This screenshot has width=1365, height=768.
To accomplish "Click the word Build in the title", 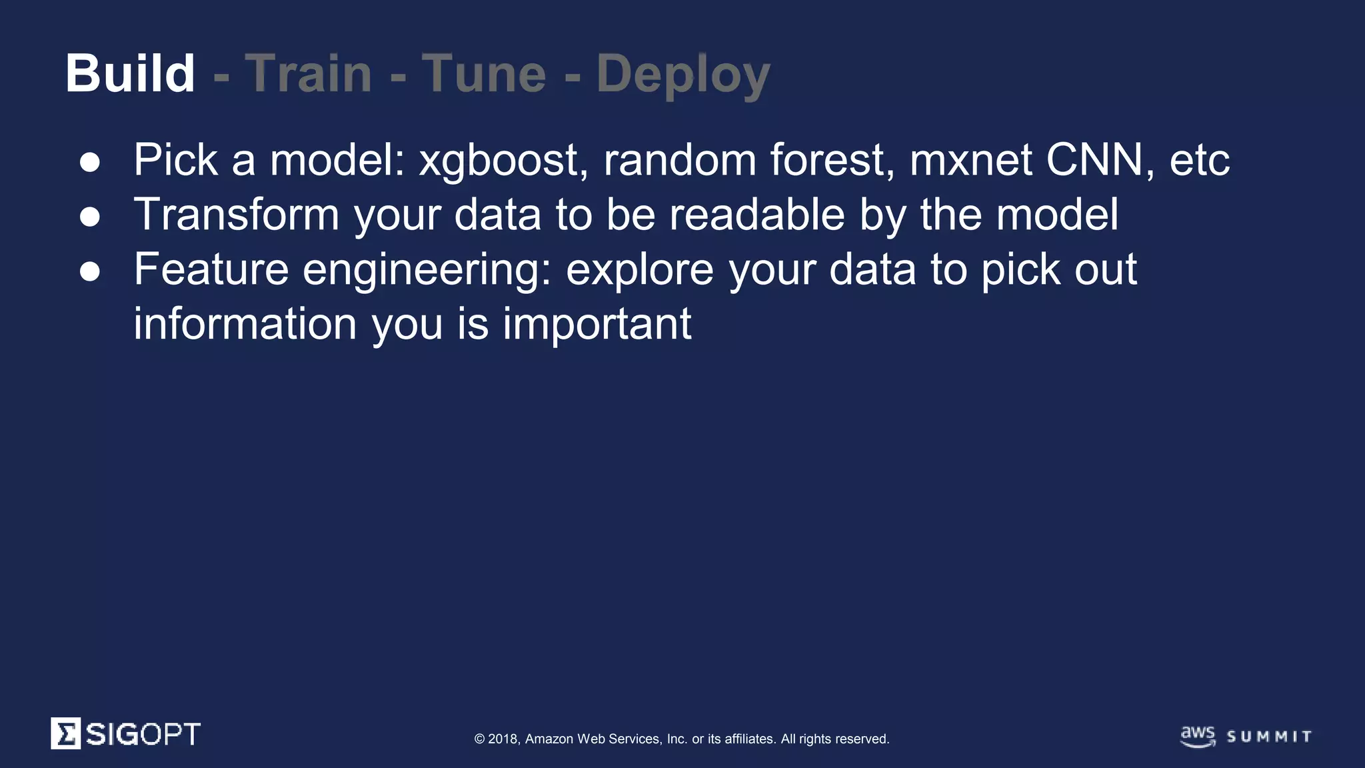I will (x=130, y=73).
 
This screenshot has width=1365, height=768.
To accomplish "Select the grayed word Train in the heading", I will (x=309, y=73).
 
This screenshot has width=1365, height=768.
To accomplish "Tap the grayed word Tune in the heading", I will (x=484, y=73).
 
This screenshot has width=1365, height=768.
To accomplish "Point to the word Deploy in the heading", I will (x=683, y=75).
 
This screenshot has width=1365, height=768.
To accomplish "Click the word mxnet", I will (x=970, y=161).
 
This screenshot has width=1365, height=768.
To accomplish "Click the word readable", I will (x=757, y=215).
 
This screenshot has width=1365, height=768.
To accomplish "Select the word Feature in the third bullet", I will (x=211, y=269).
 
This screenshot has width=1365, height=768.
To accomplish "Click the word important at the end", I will (x=597, y=325).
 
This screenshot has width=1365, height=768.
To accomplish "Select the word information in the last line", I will (x=245, y=324).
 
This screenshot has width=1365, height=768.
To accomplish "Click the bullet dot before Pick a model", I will (x=90, y=162).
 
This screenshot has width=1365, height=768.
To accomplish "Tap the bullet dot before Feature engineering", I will (x=90, y=271).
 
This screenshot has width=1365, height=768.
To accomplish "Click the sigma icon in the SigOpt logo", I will (x=66, y=733).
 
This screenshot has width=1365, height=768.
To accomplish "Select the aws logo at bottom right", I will (x=1198, y=736).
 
